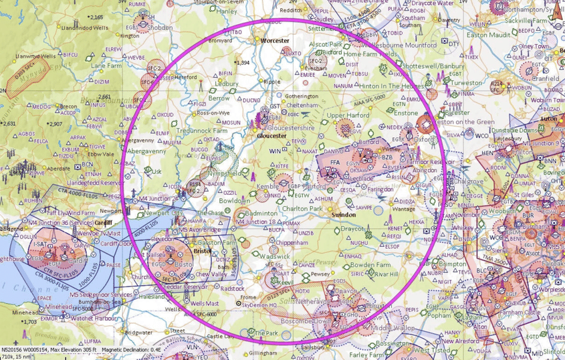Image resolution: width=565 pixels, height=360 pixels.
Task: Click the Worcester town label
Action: point(275,40)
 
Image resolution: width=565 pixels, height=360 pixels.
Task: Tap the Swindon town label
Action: point(344,215)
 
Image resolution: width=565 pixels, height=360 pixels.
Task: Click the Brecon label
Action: point(68,106)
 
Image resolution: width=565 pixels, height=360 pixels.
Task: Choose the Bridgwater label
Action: point(138,332)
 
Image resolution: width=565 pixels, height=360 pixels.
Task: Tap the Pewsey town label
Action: point(320,273)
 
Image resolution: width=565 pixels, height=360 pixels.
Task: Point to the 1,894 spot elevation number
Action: point(243,63)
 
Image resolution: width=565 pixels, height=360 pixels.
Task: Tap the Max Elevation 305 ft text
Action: point(73,349)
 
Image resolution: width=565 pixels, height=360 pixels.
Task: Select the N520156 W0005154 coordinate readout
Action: point(21,349)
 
